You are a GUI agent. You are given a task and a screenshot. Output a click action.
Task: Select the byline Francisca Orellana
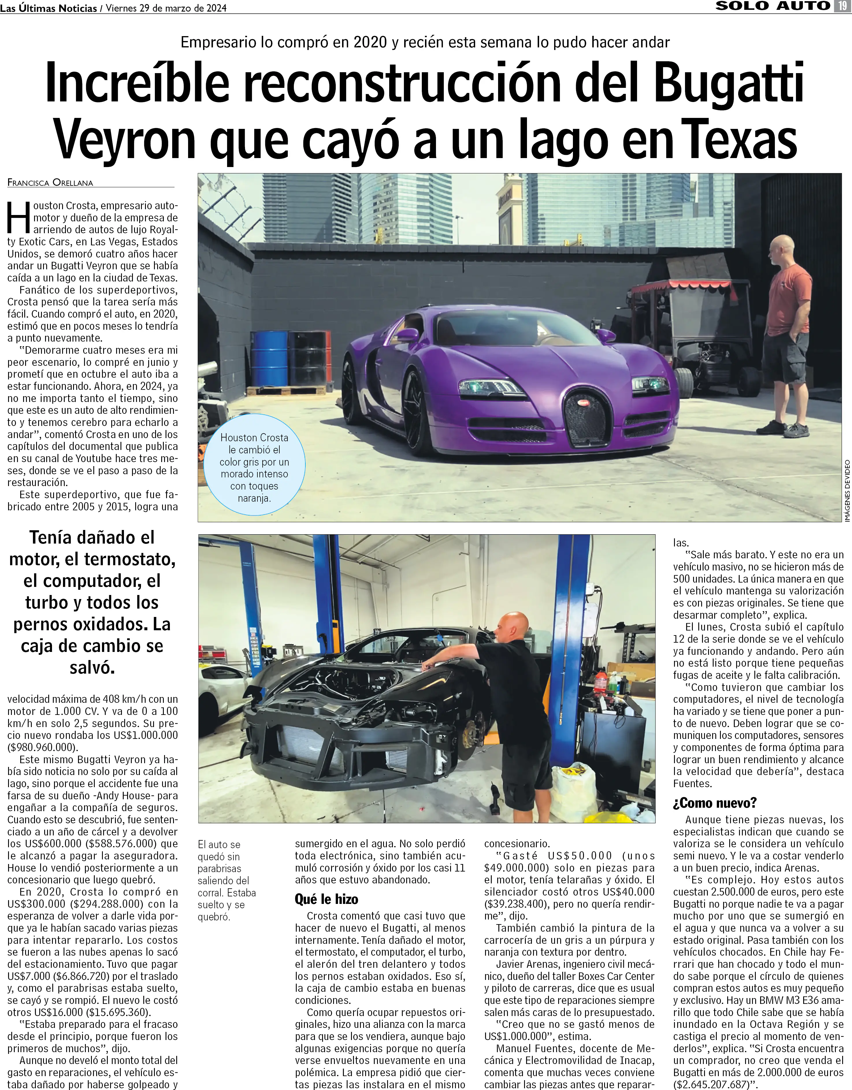pyautogui.click(x=50, y=183)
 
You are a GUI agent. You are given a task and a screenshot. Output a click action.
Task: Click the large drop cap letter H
pyautogui.click(x=19, y=218)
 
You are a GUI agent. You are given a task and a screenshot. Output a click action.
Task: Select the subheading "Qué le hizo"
pyautogui.click(x=326, y=899)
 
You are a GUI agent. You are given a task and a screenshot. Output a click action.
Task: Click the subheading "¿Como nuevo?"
pyautogui.click(x=715, y=802)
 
